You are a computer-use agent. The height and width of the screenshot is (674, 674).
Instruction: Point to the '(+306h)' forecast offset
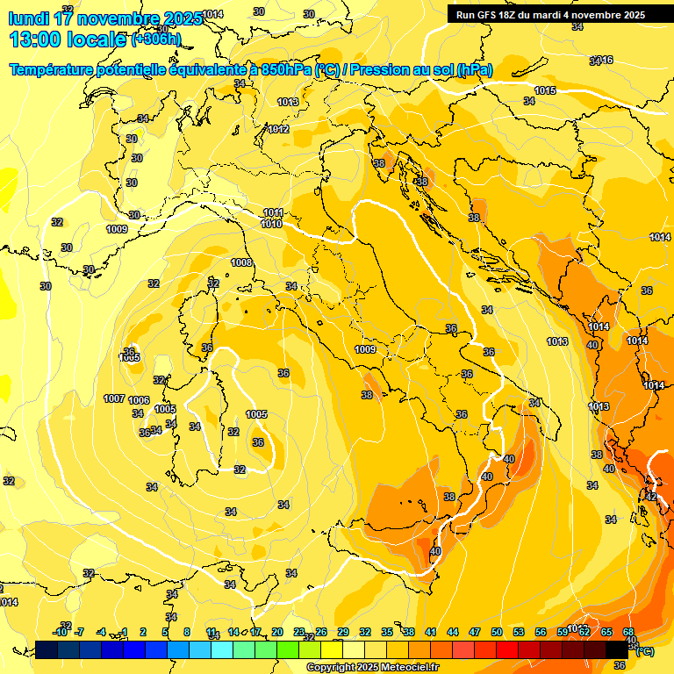(x=156, y=39)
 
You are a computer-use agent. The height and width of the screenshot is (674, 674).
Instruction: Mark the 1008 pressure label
(x=241, y=262)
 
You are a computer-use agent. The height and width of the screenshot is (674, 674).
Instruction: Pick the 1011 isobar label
(x=273, y=212)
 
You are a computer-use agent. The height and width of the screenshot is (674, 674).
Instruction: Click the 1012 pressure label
(x=279, y=129)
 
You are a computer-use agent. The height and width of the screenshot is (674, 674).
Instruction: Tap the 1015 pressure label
(x=545, y=90)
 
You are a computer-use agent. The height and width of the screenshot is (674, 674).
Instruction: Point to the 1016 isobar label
(x=602, y=61)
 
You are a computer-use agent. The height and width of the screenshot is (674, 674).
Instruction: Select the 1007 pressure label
(x=114, y=398)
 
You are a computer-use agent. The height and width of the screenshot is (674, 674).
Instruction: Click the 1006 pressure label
(x=139, y=400)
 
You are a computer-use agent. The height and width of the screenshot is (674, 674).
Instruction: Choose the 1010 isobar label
(x=271, y=224)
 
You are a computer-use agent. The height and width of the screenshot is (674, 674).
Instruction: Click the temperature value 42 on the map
(x=650, y=497)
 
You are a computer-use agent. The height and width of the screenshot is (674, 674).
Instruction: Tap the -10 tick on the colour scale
(x=60, y=632)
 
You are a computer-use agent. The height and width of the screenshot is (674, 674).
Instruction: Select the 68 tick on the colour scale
(x=628, y=632)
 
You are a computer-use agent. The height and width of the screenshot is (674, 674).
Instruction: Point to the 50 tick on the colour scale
(x=497, y=632)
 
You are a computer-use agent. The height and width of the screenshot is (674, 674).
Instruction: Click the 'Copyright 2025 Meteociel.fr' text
(x=373, y=667)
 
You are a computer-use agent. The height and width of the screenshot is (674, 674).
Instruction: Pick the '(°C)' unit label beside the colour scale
(x=644, y=650)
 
